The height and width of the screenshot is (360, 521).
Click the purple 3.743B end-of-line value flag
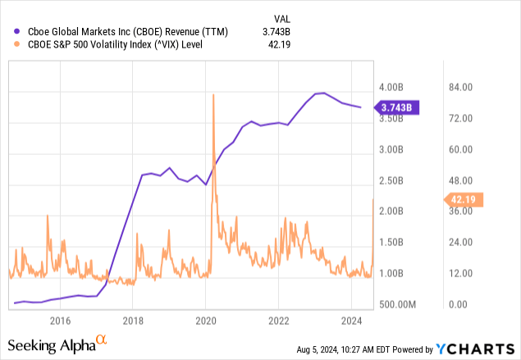click(x=398, y=107)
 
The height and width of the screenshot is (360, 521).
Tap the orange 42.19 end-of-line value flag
click(x=464, y=198)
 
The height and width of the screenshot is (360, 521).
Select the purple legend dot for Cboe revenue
click(x=15, y=31)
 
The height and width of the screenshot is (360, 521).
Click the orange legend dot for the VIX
click(x=15, y=46)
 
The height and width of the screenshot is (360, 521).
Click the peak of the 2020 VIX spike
click(x=213, y=95)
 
